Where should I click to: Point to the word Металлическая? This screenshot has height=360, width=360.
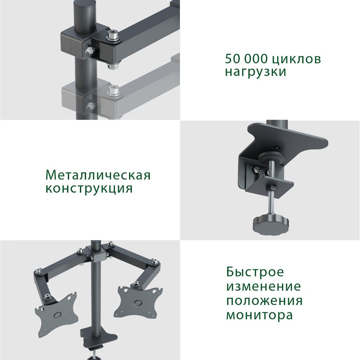pyautogui.click(x=98, y=175)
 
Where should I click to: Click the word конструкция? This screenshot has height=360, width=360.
pyautogui.click(x=89, y=188)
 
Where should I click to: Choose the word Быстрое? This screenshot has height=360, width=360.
pyautogui.click(x=255, y=272)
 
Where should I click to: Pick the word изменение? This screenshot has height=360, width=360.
pyautogui.click(x=263, y=287)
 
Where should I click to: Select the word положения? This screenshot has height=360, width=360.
pyautogui.click(x=264, y=301)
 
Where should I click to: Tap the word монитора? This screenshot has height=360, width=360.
pyautogui.click(x=259, y=315)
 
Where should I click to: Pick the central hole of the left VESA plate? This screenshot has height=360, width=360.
pyautogui.click(x=57, y=314)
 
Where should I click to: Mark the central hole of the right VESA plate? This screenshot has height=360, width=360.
pyautogui.click(x=137, y=302)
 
